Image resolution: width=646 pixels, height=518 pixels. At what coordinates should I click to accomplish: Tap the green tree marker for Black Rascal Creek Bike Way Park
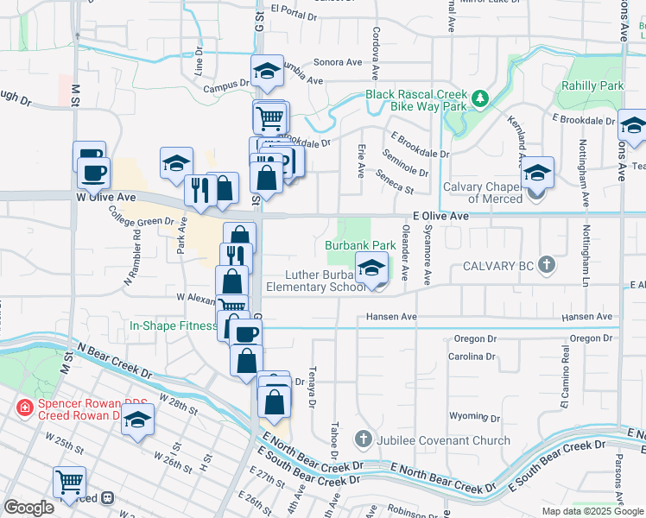pos(480,100)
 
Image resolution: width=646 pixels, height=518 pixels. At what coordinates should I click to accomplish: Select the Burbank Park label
pos(360,246)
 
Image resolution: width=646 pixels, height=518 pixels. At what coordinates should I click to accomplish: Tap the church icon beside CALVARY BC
pos(546,266)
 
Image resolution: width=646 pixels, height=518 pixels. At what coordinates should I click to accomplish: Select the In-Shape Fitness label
pos(173,325)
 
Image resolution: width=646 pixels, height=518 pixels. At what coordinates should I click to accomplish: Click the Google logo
pos(28,508)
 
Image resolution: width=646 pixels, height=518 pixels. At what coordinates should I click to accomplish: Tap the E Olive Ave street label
pos(440,217)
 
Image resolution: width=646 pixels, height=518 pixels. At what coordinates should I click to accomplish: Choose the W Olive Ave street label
pos(107,197)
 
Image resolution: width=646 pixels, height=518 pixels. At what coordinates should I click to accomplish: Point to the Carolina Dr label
pos(472,356)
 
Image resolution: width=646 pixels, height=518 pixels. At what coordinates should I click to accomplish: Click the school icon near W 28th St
pos(136,422)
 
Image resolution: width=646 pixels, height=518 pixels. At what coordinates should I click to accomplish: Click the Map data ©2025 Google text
pos(592,510)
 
